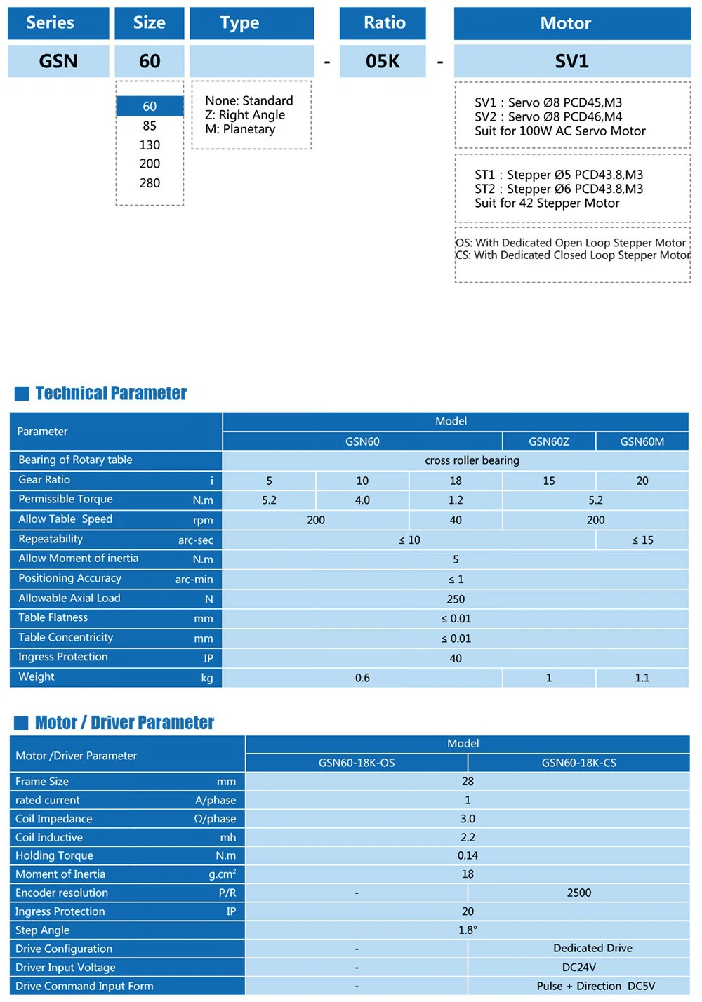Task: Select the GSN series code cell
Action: pos(58,61)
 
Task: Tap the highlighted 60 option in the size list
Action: pos(150,107)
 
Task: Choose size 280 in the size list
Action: pos(150,183)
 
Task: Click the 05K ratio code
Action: pos(383,61)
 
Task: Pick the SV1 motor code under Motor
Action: pos(571,61)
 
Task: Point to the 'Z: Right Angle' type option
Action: pos(245,115)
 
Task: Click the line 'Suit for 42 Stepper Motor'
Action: pos(547,203)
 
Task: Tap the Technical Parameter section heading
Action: pos(111,393)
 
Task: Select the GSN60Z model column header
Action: pos(549,441)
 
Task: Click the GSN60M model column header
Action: pos(642,441)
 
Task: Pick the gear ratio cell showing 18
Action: pos(456,481)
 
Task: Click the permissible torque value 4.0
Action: pos(362,500)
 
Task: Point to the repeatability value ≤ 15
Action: pos(642,540)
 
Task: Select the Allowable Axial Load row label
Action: pos(69,599)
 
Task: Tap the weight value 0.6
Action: pos(362,678)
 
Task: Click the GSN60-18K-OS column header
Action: pos(357,763)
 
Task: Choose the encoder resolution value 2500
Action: pos(579,893)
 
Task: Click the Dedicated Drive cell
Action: pos(592,948)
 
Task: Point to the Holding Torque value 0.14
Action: pos(468,855)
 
